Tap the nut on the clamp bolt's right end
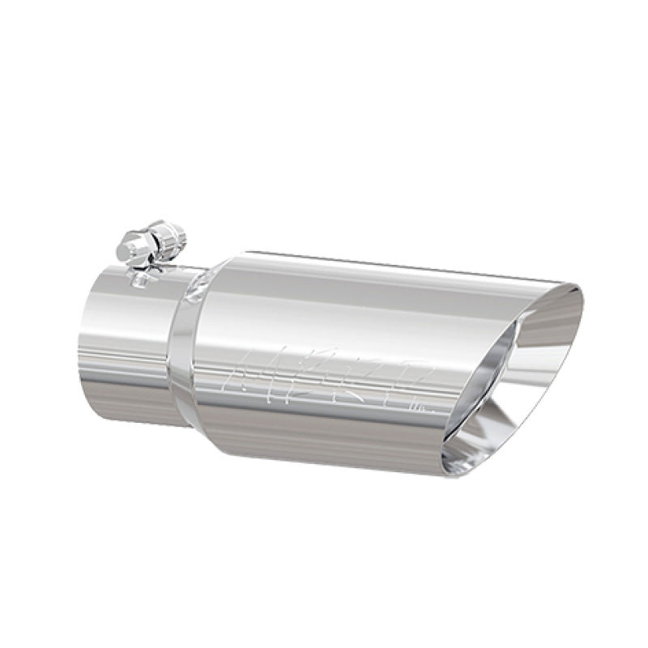pos(173,237)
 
